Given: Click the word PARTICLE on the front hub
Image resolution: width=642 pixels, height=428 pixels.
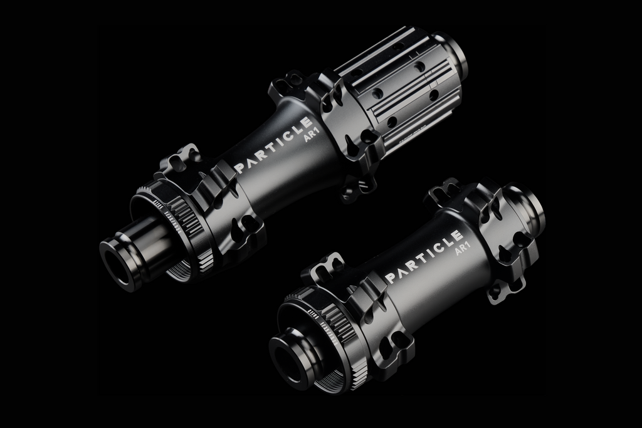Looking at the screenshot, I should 424,257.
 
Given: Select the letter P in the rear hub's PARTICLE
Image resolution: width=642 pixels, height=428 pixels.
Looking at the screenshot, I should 239,167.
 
